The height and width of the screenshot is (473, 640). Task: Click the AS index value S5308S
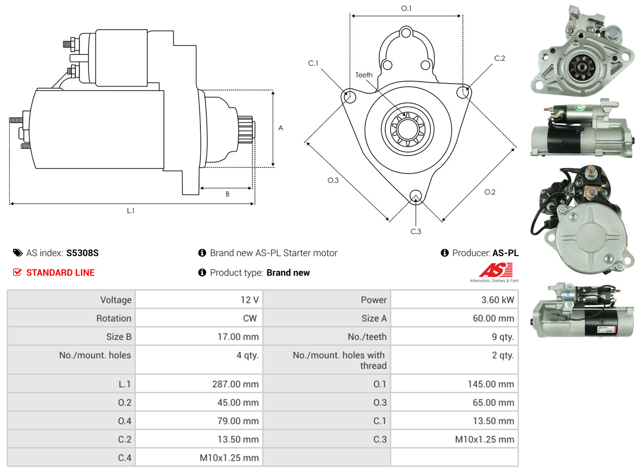tap(82, 253)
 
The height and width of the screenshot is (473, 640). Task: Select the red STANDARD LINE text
tap(60, 273)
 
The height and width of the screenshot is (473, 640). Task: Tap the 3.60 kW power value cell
tap(498, 300)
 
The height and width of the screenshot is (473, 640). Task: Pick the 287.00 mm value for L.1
tap(235, 384)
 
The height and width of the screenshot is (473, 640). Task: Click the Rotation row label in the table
tap(114, 318)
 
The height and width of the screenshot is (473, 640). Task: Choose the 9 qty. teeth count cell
tap(503, 337)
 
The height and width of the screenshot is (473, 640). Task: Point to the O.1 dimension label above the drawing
tap(406, 8)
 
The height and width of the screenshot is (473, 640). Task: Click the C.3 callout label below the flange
tap(415, 231)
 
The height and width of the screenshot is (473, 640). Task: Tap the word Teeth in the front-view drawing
tap(364, 75)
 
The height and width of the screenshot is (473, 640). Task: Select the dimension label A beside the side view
tap(281, 128)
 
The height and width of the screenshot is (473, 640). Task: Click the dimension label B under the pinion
tap(228, 194)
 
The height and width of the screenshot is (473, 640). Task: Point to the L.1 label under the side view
tap(130, 211)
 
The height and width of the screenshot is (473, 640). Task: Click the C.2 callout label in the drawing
tap(499, 58)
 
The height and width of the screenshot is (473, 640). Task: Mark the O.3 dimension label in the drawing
tap(333, 180)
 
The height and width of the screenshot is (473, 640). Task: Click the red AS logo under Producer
tap(496, 270)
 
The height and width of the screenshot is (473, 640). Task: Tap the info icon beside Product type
tap(202, 273)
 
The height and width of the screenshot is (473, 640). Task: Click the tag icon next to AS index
tap(18, 253)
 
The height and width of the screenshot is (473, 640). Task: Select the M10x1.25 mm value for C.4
tap(229, 458)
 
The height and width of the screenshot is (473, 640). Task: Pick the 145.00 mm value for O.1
tap(491, 384)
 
